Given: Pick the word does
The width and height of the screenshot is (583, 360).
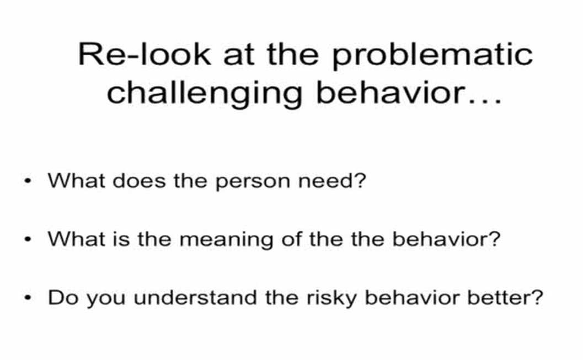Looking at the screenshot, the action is tap(139, 181).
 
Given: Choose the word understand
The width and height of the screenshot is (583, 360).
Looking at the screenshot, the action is tap(195, 297).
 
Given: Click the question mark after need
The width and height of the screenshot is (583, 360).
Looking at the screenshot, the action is tap(360, 181).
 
